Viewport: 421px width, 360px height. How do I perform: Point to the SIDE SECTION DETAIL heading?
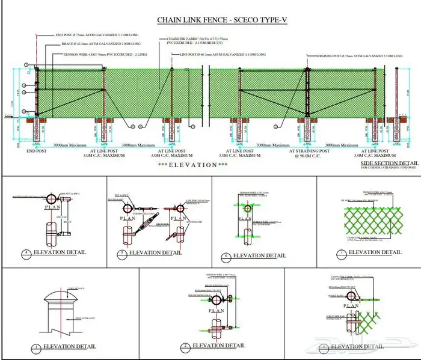tap(389, 163)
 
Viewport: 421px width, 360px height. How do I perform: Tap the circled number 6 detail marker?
tap(226, 256)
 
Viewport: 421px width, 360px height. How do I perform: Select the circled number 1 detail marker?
tap(36, 347)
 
